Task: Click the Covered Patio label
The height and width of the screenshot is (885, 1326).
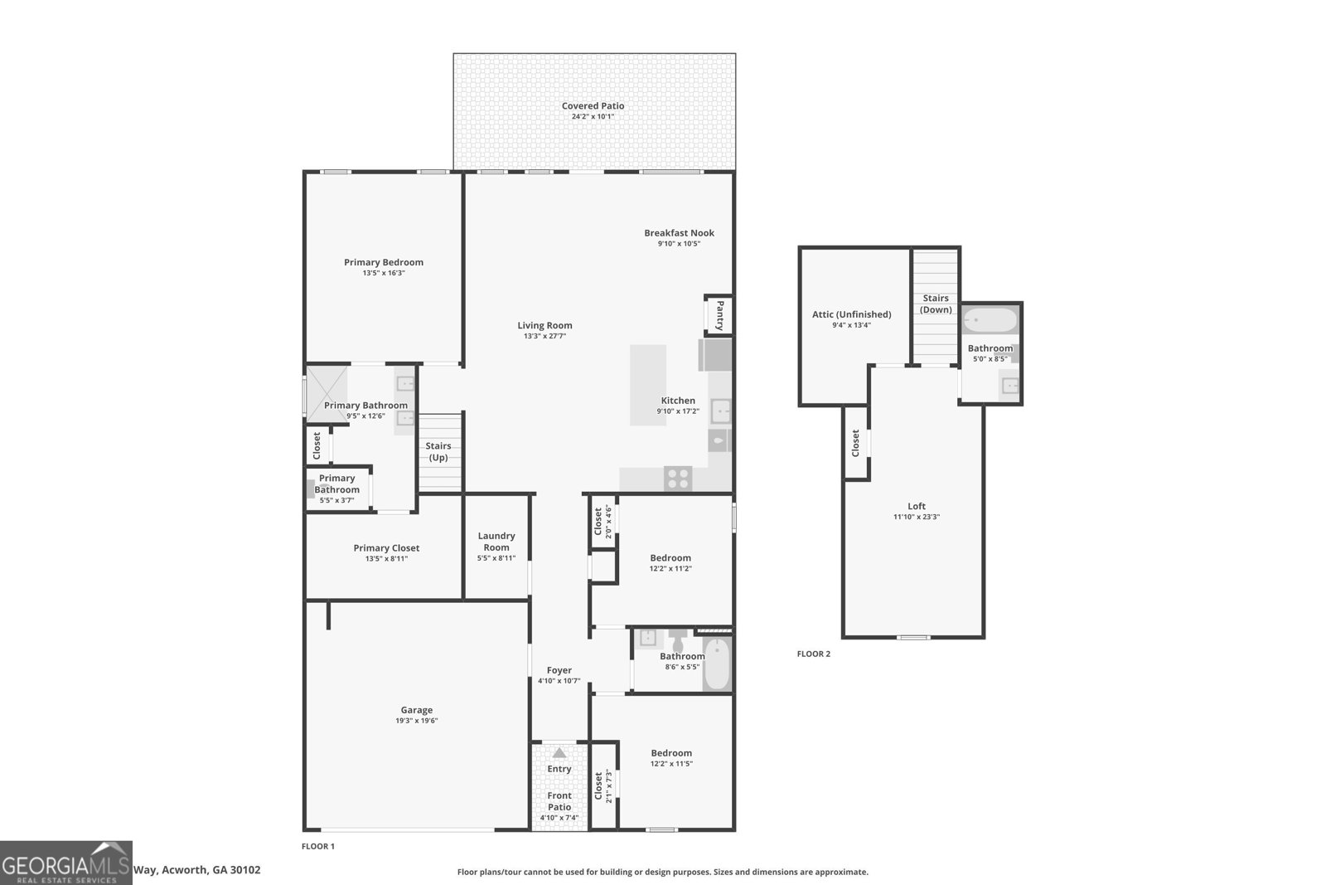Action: [x=593, y=106]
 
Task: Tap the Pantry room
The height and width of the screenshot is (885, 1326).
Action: [x=719, y=315]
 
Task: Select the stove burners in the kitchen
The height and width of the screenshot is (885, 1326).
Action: [x=678, y=479]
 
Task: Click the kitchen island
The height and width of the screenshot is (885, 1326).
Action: [x=648, y=385]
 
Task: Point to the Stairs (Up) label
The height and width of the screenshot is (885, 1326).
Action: [x=438, y=452]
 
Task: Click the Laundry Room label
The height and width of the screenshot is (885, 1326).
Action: [x=496, y=542]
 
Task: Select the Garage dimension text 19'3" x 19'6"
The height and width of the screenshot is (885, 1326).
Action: [x=416, y=721]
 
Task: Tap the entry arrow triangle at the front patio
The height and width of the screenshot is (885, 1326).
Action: [x=559, y=753]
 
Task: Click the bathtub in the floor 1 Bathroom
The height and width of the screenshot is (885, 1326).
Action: [x=717, y=664]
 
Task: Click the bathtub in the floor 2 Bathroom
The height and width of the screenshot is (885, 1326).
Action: [x=990, y=319]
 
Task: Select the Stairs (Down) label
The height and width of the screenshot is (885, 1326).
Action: [x=936, y=304]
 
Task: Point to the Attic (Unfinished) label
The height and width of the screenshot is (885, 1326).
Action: [x=851, y=314]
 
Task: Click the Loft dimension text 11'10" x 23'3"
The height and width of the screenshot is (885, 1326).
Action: [x=916, y=517]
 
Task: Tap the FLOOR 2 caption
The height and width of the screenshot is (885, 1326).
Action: [x=813, y=654]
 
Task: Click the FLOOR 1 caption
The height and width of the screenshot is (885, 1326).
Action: [x=317, y=846]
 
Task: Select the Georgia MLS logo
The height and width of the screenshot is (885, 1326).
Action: [x=66, y=863]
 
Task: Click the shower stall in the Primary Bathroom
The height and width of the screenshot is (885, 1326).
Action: [x=326, y=391]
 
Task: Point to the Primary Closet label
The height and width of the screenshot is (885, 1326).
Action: [x=386, y=548]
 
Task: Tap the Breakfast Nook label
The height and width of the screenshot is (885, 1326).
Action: [x=679, y=233]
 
